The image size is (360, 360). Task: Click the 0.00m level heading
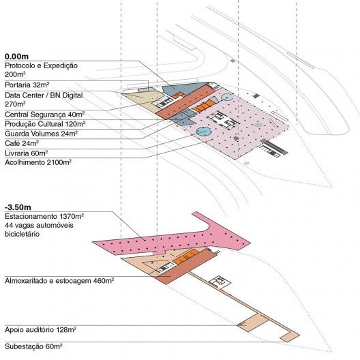click(x=16, y=57)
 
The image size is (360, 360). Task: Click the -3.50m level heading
click(x=18, y=207)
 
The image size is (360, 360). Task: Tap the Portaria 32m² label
click(x=27, y=85)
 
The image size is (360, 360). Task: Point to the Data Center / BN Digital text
click(x=44, y=95)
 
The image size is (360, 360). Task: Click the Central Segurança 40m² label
click(x=44, y=115)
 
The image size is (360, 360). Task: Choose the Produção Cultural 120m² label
click(x=45, y=124)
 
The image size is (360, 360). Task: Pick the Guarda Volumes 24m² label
click(x=41, y=134)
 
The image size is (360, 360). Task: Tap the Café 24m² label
click(x=22, y=143)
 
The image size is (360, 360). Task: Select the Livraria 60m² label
click(x=26, y=153)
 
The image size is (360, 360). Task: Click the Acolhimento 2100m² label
click(x=38, y=162)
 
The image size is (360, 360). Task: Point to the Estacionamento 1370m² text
click(x=44, y=217)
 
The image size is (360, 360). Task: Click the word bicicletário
click(x=22, y=234)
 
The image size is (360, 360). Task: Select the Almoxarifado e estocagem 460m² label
click(x=59, y=281)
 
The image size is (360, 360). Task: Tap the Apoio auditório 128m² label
click(x=41, y=330)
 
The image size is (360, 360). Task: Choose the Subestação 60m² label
click(x=33, y=346)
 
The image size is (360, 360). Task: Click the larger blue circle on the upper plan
click(x=204, y=132)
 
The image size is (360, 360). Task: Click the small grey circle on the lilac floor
click(x=258, y=125)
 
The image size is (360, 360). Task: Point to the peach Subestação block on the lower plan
click(x=290, y=337)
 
